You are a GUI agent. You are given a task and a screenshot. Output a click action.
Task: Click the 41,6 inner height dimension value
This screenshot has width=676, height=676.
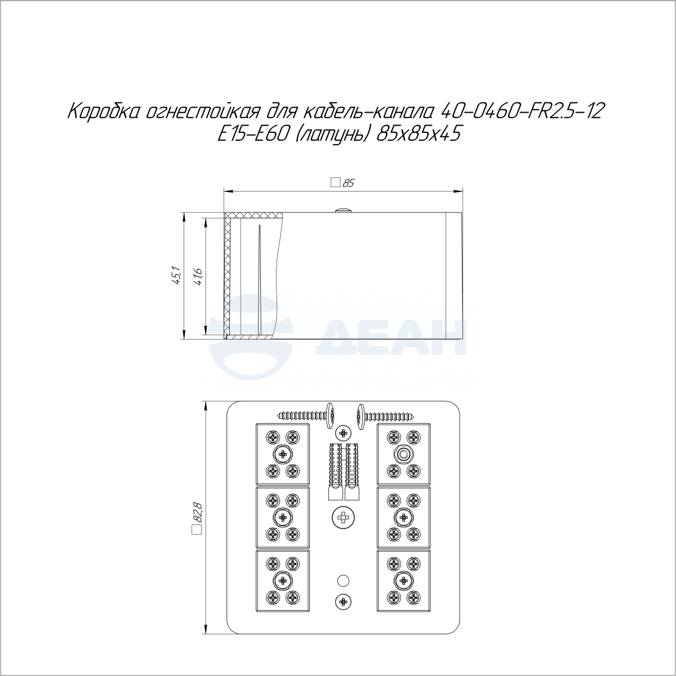(198, 276)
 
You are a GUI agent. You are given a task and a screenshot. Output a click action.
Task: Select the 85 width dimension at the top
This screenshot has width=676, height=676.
(349, 183)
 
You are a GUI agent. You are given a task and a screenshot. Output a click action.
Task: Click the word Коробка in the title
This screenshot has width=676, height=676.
(105, 112)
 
